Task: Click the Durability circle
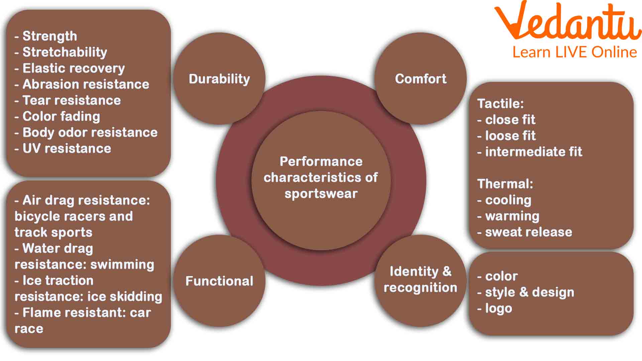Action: [219, 79]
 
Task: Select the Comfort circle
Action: [420, 79]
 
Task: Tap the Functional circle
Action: [219, 281]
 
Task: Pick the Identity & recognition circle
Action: [420, 280]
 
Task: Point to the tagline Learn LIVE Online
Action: [574, 52]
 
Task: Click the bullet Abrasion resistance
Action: [86, 84]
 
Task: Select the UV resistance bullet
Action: [67, 148]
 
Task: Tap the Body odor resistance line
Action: [90, 132]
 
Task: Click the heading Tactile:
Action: [500, 104]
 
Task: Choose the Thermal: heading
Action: [505, 184]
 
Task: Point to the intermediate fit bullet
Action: [533, 152]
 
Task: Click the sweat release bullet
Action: [528, 232]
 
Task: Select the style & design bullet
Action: [529, 292]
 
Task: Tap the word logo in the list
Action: [498, 308]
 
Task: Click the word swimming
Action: [122, 264]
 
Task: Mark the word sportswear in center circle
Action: [321, 194]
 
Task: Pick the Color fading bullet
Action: [61, 116]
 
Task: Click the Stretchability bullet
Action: [65, 52]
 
